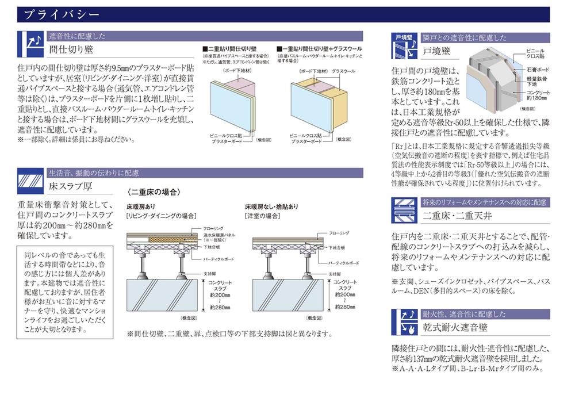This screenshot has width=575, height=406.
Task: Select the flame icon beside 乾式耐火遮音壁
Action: [x=404, y=323]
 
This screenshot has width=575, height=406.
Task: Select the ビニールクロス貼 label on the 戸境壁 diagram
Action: [x=536, y=54]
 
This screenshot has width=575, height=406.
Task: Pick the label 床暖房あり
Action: [x=141, y=206]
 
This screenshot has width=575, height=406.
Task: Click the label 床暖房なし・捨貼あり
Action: [x=271, y=206]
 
